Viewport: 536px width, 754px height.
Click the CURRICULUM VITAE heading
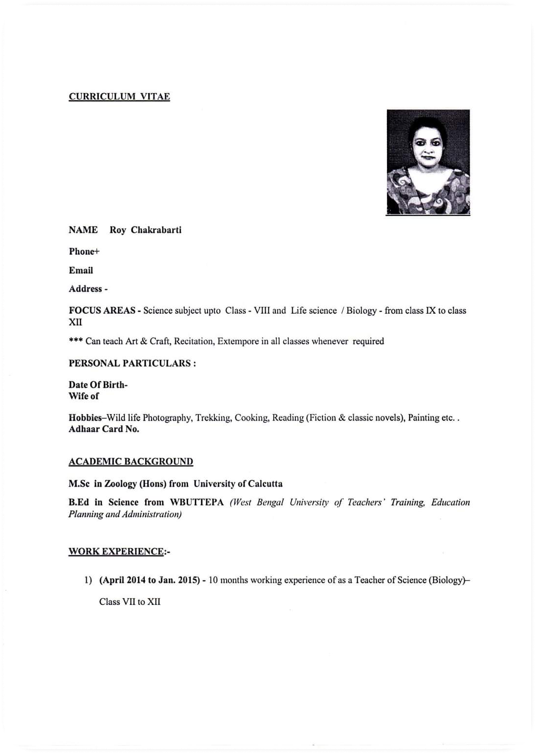tap(119, 96)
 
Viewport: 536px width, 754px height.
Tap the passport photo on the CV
tap(428, 162)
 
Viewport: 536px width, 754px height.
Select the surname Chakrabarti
tap(156, 230)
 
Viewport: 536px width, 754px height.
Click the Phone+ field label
tap(84, 251)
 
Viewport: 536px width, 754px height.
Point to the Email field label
tap(81, 270)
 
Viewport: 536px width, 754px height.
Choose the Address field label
tap(88, 289)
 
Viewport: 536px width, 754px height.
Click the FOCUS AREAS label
tap(102, 311)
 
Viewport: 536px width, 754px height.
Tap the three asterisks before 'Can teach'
tap(76, 341)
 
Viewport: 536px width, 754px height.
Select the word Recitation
tap(193, 341)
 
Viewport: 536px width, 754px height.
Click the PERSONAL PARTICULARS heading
tap(132, 363)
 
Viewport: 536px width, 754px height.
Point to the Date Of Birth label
tap(97, 385)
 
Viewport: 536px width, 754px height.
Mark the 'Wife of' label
tap(83, 396)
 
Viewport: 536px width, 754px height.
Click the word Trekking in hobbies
tap(213, 418)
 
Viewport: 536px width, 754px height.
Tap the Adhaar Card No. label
tap(104, 429)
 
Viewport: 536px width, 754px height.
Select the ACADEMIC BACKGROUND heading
tap(131, 462)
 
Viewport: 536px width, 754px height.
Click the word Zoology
tap(120, 484)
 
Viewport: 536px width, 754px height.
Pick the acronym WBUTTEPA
tap(196, 502)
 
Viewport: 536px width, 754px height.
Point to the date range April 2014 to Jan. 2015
tap(149, 580)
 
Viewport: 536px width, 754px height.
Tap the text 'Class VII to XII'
tap(130, 602)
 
